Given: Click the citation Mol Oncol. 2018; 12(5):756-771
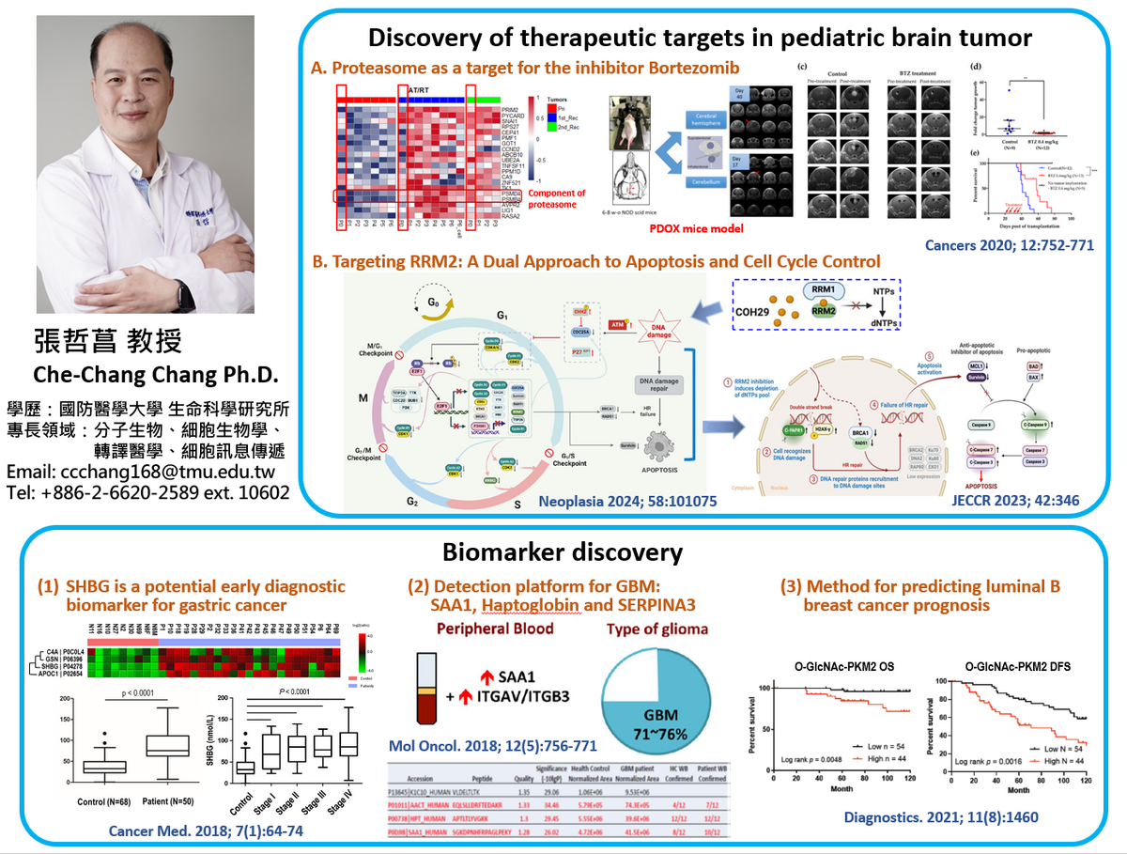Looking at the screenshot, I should click(492, 747).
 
